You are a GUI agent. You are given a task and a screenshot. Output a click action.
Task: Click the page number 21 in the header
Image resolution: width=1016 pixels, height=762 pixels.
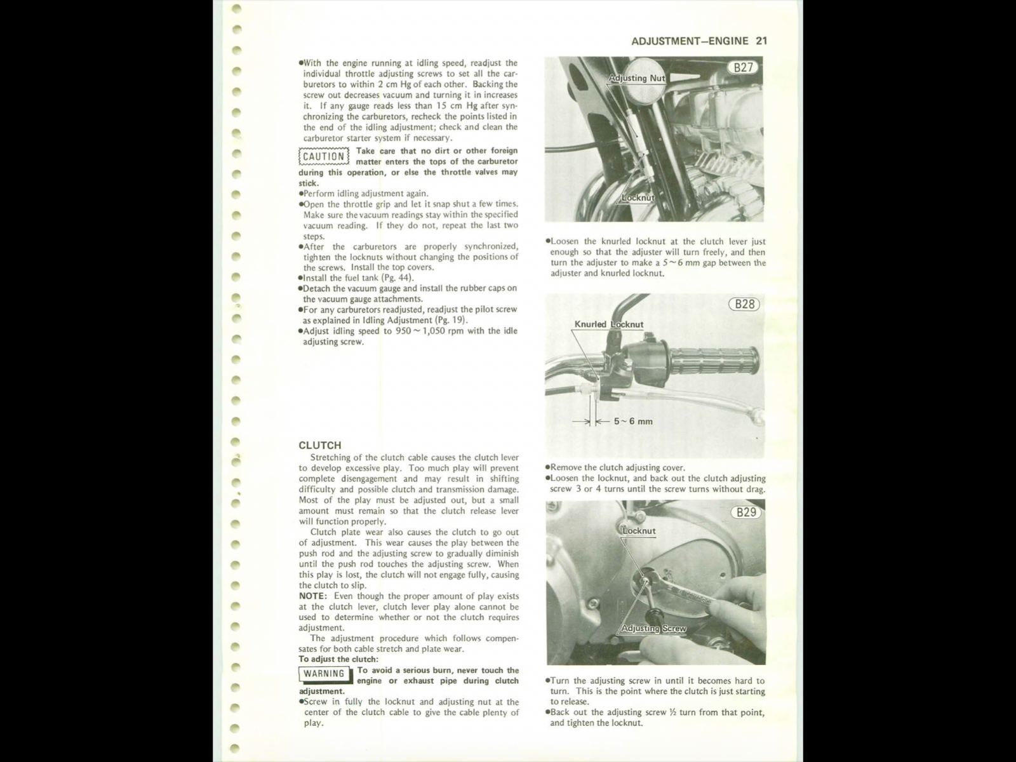[x=761, y=41]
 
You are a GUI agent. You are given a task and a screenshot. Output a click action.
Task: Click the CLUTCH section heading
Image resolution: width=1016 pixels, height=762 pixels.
[x=319, y=445]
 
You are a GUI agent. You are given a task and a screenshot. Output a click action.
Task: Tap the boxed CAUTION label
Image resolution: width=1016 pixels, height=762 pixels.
[x=324, y=157]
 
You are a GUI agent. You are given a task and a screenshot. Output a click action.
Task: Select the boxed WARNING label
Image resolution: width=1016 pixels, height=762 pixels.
[x=324, y=674]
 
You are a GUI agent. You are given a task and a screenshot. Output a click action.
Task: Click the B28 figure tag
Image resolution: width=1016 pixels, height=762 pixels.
[x=744, y=304]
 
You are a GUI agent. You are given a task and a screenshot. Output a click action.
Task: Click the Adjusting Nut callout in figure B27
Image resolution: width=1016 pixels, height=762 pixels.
[x=636, y=78]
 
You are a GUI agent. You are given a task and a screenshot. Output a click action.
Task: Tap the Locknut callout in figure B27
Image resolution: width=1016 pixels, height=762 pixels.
[x=638, y=197]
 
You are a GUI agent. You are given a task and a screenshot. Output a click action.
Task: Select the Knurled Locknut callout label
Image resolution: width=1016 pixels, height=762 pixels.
[x=608, y=324]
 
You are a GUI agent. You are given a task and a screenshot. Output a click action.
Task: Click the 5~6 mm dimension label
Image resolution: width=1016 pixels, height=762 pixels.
[x=632, y=421]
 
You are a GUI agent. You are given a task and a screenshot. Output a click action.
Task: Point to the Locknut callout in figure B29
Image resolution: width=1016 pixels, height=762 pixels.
[x=639, y=531]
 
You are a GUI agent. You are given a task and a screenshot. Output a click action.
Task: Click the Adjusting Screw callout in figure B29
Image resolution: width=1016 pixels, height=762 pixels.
[x=653, y=629]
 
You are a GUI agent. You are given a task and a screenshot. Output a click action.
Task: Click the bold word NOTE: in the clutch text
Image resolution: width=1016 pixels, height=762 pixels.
[x=312, y=596]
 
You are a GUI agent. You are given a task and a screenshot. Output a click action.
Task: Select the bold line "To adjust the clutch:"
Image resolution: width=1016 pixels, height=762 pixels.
[x=338, y=659]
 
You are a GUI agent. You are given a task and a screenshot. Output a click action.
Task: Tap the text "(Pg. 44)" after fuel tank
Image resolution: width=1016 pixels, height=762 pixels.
[x=397, y=277]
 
